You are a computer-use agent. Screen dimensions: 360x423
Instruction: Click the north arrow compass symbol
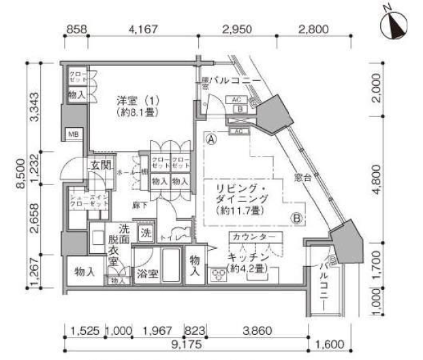[392, 25]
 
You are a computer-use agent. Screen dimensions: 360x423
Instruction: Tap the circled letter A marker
[212, 137]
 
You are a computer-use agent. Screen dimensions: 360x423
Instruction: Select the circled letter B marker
[298, 218]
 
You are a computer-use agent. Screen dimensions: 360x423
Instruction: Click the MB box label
[72, 134]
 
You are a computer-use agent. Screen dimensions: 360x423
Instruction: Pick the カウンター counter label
[253, 237]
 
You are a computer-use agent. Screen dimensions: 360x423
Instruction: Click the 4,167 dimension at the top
[143, 29]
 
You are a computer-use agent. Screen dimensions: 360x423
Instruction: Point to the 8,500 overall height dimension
[20, 178]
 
